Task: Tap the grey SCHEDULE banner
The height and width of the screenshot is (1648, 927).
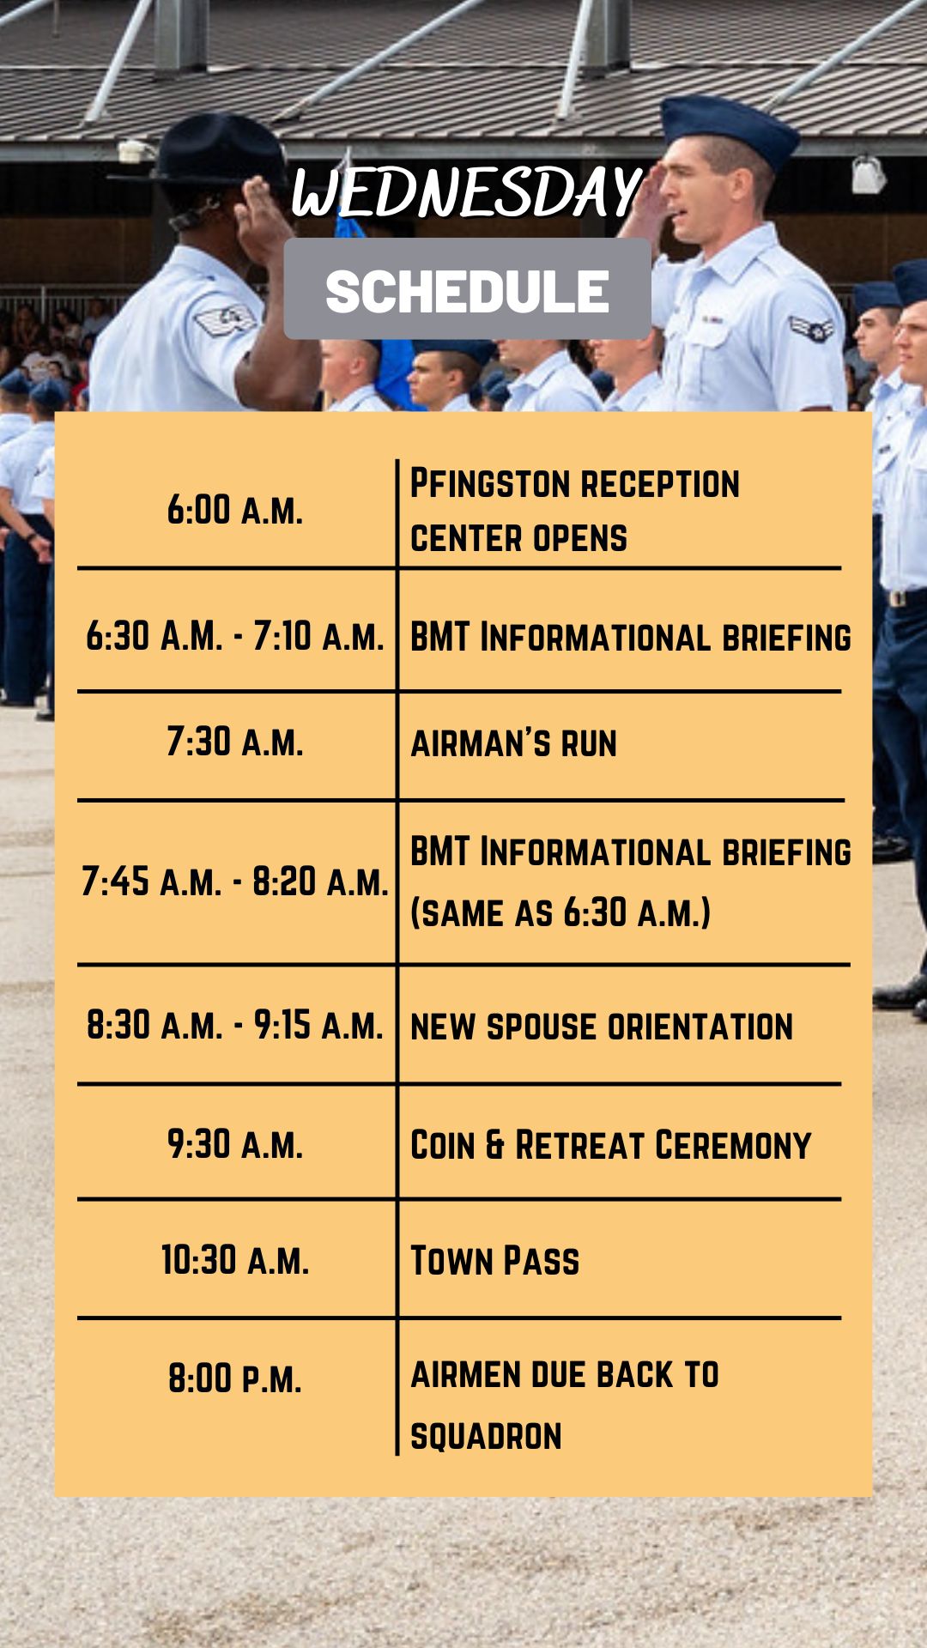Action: pos(467,289)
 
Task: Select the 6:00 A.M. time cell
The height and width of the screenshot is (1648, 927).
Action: pos(235,510)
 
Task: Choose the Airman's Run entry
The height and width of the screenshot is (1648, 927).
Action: pos(513,743)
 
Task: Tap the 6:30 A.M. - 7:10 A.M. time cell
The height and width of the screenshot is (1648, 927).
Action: pos(235,636)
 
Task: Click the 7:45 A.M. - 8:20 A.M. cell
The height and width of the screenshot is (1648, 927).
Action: pos(235,882)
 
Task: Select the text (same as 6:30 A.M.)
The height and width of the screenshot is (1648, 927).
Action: pos(560,912)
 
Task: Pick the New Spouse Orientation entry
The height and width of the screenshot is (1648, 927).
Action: pos(602,1027)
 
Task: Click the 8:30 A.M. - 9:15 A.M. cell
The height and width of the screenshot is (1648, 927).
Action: pos(235,1025)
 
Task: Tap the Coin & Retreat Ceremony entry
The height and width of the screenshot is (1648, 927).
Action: pos(610,1146)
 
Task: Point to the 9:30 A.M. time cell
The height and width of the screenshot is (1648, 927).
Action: pos(235,1144)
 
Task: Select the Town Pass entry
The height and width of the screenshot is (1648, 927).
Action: pos(494,1261)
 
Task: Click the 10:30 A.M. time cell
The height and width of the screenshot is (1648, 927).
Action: pos(235,1260)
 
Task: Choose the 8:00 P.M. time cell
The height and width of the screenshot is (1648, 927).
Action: pos(235,1378)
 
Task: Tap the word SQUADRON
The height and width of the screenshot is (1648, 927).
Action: pos(486,1436)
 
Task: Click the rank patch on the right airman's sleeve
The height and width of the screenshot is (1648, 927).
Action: pos(811,328)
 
